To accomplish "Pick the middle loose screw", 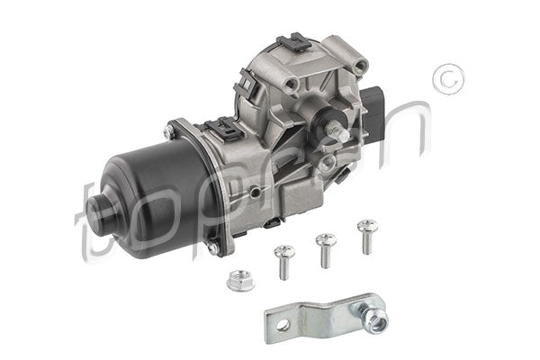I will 325,247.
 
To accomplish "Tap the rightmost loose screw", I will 365,231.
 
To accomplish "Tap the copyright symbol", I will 446,80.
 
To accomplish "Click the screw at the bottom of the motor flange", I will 211,244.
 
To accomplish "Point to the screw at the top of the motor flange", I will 169,131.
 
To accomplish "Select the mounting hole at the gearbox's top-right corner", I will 361,66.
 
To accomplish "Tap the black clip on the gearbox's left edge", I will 242,89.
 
